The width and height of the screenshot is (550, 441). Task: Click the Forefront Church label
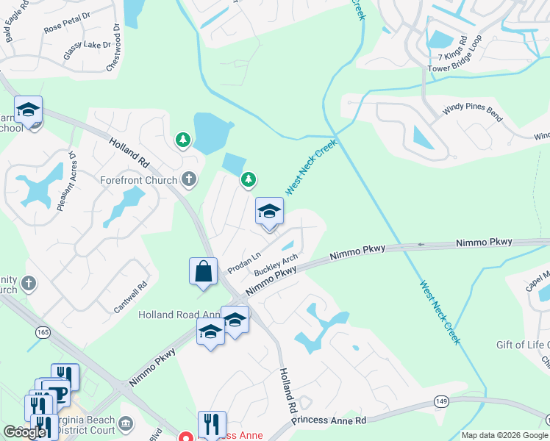coord(139,180)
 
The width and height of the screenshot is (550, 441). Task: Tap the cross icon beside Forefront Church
coord(189,179)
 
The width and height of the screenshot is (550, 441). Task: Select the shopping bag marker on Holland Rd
coord(203,271)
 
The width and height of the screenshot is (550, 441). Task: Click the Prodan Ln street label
coord(245,260)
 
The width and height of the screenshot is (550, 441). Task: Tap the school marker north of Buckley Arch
coord(269,212)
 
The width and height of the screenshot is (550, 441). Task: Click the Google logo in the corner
coord(24,432)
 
